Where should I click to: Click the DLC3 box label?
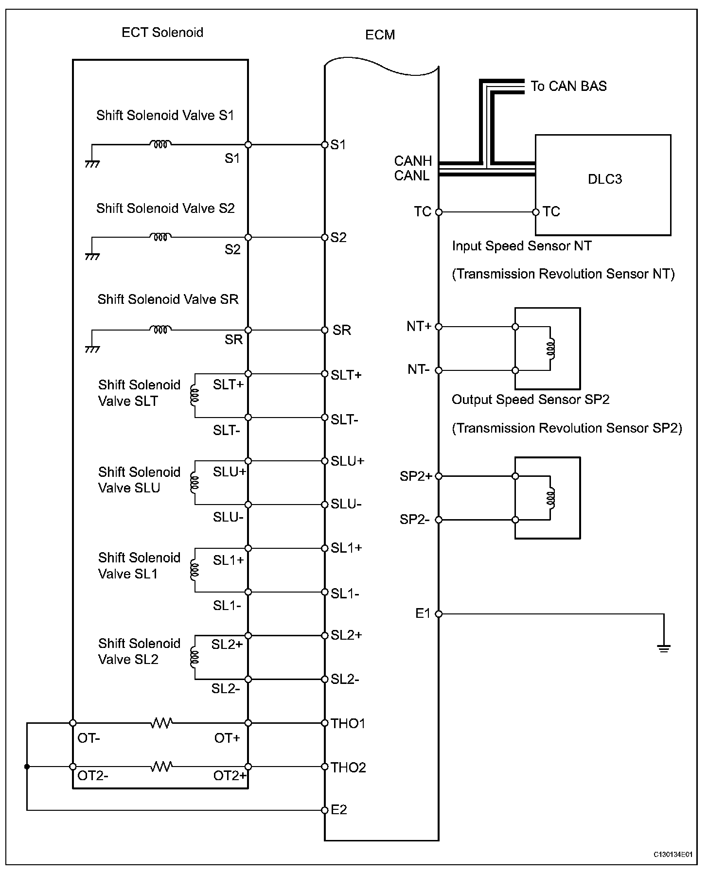[604, 179]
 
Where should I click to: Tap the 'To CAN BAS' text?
[568, 87]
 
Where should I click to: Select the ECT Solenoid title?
[162, 33]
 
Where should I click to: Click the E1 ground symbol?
[664, 647]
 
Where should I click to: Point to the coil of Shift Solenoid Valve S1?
[160, 144]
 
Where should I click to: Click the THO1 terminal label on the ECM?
[348, 723]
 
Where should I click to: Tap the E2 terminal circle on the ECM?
[325, 810]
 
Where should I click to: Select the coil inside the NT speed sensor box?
[551, 349]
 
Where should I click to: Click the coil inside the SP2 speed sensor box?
[551, 498]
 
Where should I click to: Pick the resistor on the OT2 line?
[161, 767]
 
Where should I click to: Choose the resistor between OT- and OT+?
[161, 723]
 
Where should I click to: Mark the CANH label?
[413, 161]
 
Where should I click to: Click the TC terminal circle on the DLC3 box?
[536, 212]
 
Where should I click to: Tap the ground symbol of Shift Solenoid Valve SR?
[92, 349]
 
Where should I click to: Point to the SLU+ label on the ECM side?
[347, 461]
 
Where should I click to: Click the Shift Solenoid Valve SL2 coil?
[195, 657]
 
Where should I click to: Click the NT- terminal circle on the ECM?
[439, 370]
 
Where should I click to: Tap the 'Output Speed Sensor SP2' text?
[531, 400]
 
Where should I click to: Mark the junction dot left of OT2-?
[27, 767]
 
